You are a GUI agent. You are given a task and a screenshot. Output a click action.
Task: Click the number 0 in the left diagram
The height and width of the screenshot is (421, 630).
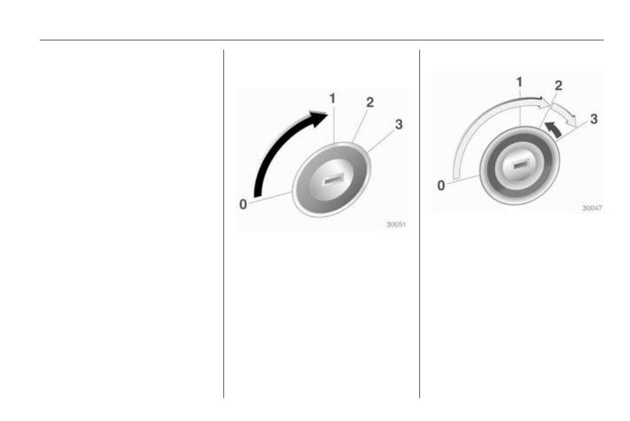[x=243, y=204]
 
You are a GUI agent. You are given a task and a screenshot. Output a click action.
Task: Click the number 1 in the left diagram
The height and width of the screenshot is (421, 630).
[x=332, y=98]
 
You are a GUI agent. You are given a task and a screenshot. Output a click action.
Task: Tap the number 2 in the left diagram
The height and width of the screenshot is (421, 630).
[x=370, y=102]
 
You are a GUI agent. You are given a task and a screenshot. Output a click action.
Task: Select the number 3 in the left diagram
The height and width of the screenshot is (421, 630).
[x=398, y=124]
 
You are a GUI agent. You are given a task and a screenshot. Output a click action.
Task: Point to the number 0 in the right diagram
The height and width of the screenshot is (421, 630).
[x=441, y=185]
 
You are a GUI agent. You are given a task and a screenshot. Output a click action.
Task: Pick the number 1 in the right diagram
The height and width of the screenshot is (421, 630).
[x=519, y=82]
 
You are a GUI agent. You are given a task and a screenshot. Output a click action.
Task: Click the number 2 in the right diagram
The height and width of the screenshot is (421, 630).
[x=559, y=85]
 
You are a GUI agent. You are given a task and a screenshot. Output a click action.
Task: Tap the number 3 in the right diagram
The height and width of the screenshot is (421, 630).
[x=594, y=119]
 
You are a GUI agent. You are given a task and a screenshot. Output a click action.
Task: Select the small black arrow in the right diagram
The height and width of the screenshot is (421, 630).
[x=553, y=129]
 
